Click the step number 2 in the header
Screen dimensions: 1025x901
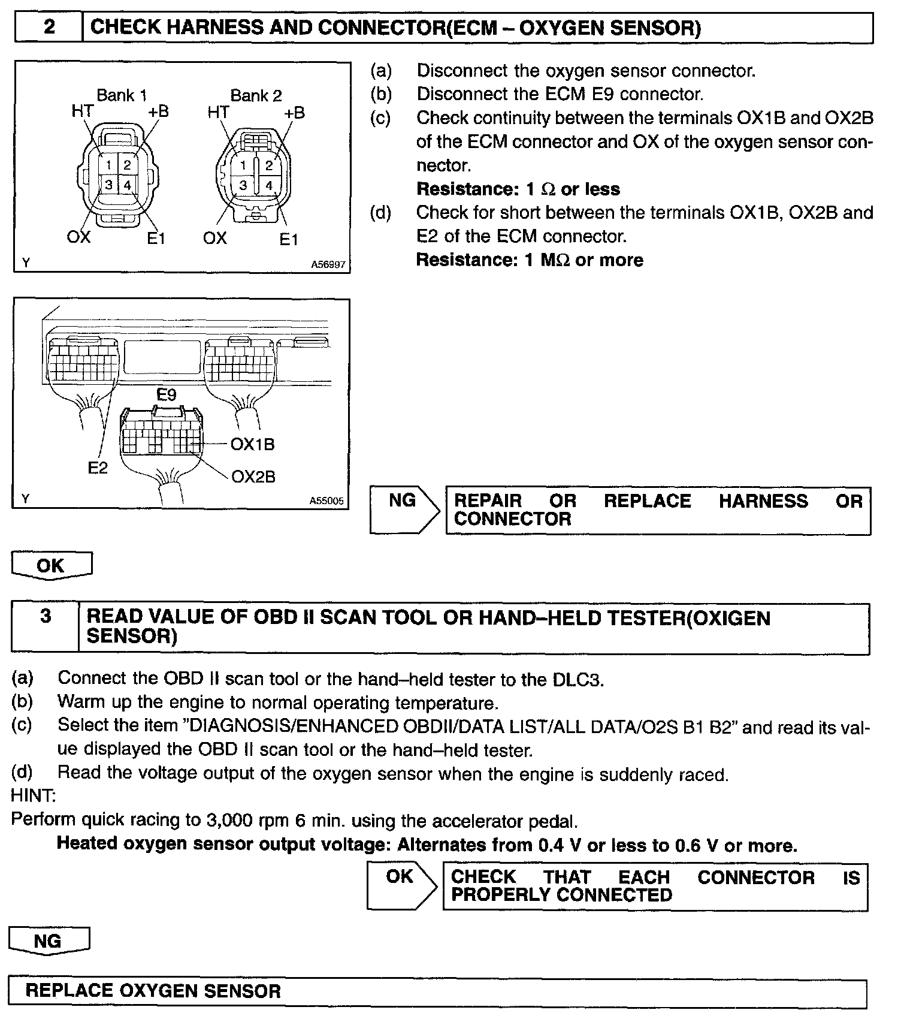[x=50, y=27]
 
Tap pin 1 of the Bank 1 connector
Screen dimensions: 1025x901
[x=108, y=164]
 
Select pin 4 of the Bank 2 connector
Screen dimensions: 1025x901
[x=269, y=185]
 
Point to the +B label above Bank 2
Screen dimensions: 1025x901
[x=294, y=113]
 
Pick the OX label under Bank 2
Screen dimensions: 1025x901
[x=214, y=238]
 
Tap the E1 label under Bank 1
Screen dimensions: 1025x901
[x=156, y=238]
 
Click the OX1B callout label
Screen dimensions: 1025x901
[x=253, y=444]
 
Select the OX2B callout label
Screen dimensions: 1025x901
[x=253, y=477]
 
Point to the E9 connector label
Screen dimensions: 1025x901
[x=167, y=395]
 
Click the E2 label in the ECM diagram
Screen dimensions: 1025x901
[x=98, y=468]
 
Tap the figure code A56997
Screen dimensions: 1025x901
[x=328, y=264]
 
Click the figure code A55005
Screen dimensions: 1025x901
[x=326, y=501]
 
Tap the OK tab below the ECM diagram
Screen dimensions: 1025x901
[x=51, y=565]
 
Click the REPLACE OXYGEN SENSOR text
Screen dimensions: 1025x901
[x=153, y=991]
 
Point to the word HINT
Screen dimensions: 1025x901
[x=34, y=796]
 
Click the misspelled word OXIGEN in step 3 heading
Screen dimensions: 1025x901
[x=731, y=617]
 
